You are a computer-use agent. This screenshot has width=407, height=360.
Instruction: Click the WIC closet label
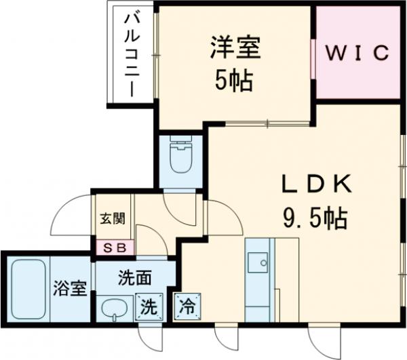[359, 52]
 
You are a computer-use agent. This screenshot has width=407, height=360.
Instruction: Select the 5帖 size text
[235, 81]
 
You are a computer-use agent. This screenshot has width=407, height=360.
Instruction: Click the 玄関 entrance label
[113, 220]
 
